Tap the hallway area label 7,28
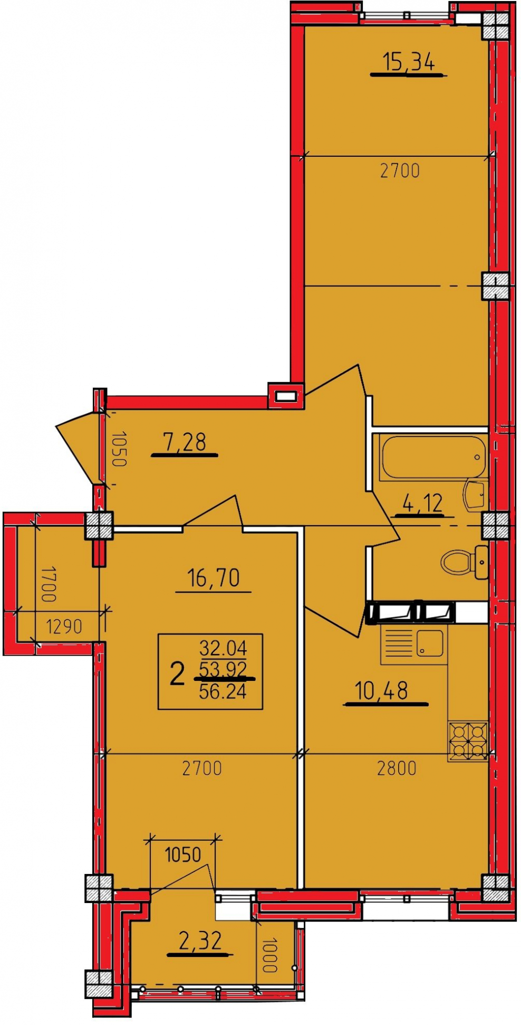point(185,442)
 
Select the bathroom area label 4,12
point(422,504)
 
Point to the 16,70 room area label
point(214,578)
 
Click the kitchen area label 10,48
point(382,690)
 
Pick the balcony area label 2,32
point(200,941)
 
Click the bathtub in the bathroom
point(433,457)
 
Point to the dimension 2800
point(397,768)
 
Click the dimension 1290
point(64,627)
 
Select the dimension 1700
point(49,584)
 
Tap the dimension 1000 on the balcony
point(269,955)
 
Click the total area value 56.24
point(223,691)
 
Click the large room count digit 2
point(177,674)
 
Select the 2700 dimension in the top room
point(400,170)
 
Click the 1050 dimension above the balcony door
point(183,855)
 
